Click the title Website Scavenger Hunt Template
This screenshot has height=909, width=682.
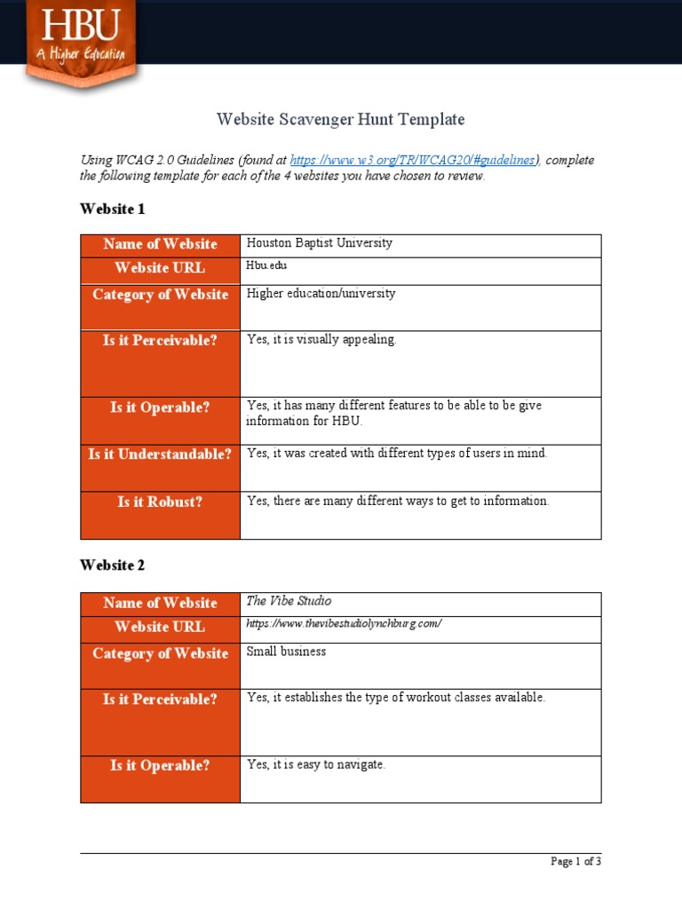[x=341, y=119]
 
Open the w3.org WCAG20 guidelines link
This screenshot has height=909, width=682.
[x=414, y=161]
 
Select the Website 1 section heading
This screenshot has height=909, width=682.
[x=112, y=209]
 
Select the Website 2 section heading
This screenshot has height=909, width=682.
[x=112, y=565]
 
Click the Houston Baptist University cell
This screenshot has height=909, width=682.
[x=319, y=243]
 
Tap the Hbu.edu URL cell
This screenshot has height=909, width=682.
[x=266, y=265]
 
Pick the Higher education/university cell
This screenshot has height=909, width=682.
[x=321, y=294]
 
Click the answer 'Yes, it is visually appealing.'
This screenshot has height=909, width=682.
[x=321, y=340]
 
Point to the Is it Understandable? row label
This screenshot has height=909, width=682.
[x=160, y=454]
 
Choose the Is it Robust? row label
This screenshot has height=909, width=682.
[x=160, y=502]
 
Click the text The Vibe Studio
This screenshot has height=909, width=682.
[x=289, y=601]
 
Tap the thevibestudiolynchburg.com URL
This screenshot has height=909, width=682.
[x=343, y=624]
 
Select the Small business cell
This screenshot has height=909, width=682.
[x=286, y=652]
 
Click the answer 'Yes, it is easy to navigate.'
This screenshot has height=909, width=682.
[x=315, y=764]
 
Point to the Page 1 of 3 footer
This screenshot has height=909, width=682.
[x=575, y=861]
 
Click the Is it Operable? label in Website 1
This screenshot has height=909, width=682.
[x=160, y=408]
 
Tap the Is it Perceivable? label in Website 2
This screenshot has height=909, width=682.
[x=160, y=700]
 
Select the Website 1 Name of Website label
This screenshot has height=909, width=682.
[x=160, y=244]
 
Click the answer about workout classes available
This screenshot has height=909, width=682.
[x=395, y=698]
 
